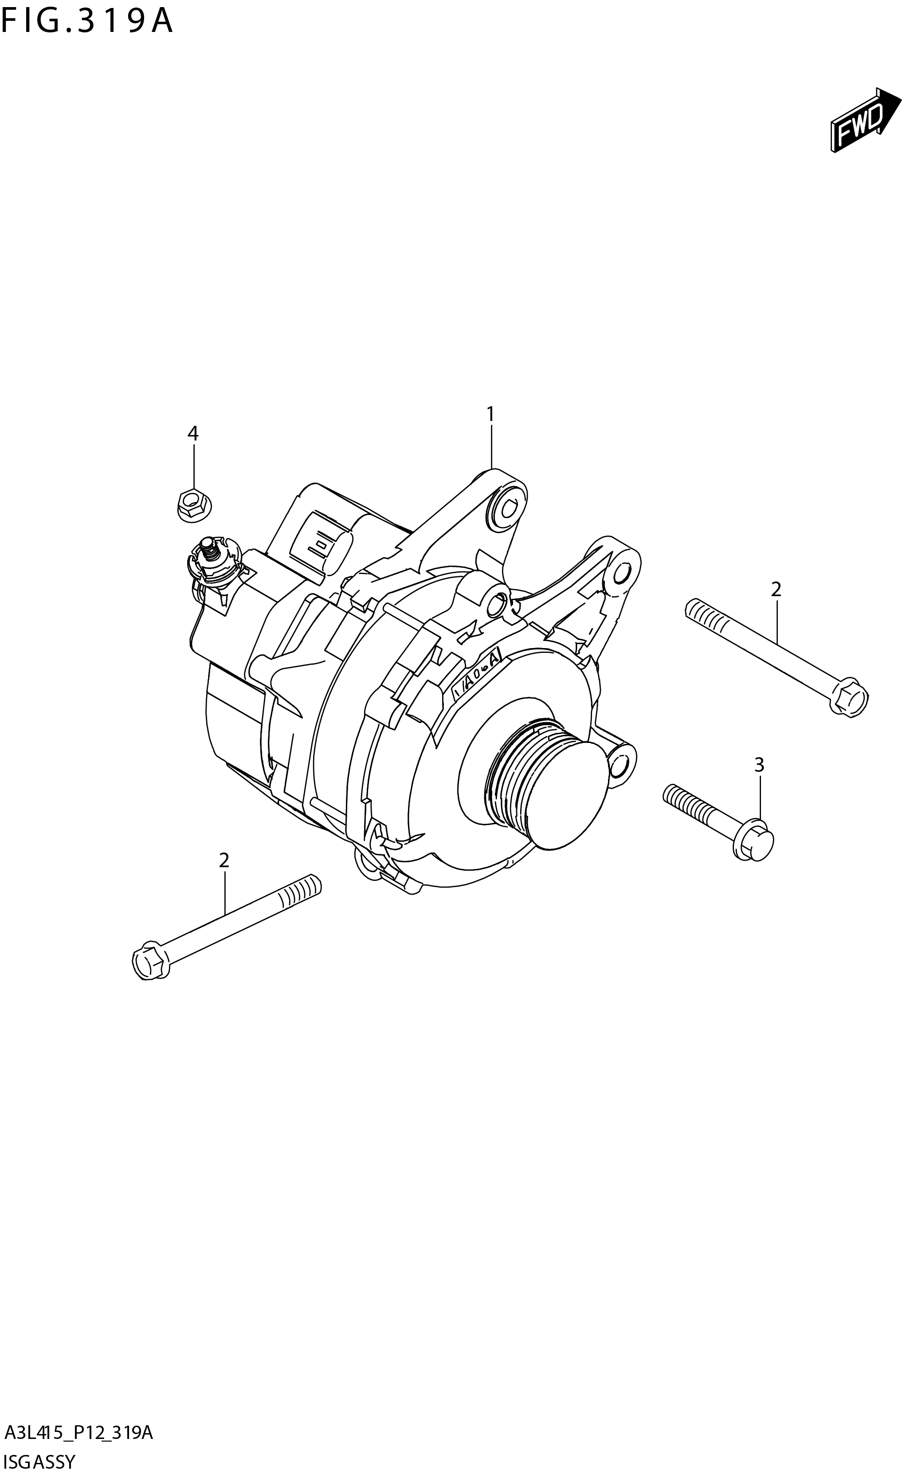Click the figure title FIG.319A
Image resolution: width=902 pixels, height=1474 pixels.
tap(87, 22)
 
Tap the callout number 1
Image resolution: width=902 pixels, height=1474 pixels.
tap(490, 413)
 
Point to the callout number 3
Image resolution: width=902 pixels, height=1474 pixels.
tap(758, 765)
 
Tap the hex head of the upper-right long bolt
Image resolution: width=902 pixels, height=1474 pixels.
tap(849, 696)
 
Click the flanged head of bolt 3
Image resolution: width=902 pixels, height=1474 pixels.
tap(755, 841)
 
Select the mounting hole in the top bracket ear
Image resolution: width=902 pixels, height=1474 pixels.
tap(507, 510)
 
